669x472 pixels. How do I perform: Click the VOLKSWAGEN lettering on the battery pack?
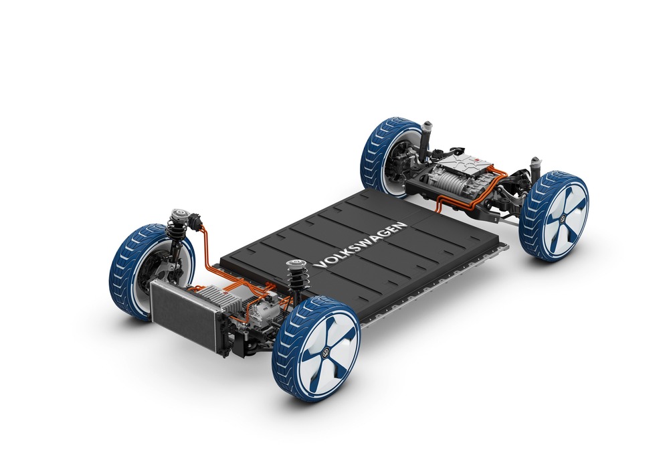(361, 245)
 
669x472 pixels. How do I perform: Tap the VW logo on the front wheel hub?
(326, 352)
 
